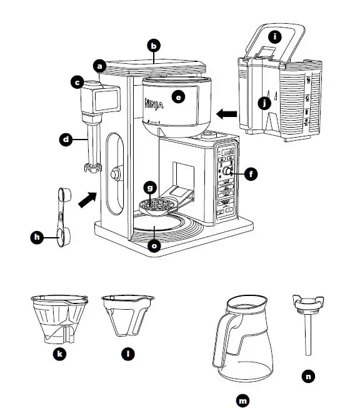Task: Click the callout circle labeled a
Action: (99, 64)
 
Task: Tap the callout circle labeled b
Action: (154, 45)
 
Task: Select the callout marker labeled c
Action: (77, 82)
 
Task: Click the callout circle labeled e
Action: (180, 98)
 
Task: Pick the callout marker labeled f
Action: (251, 175)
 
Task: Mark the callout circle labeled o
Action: (154, 245)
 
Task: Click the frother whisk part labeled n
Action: (307, 325)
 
